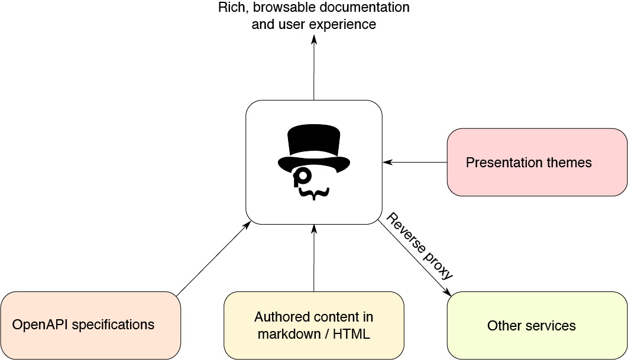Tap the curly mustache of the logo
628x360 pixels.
point(313,193)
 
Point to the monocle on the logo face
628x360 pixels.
point(303,176)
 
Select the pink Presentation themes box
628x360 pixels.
point(537,163)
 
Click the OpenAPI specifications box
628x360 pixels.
point(90,325)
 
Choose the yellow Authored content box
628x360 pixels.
point(313,325)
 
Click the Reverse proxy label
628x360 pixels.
point(420,246)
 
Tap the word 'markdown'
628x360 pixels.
point(286,334)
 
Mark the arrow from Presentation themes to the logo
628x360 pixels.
point(414,162)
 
